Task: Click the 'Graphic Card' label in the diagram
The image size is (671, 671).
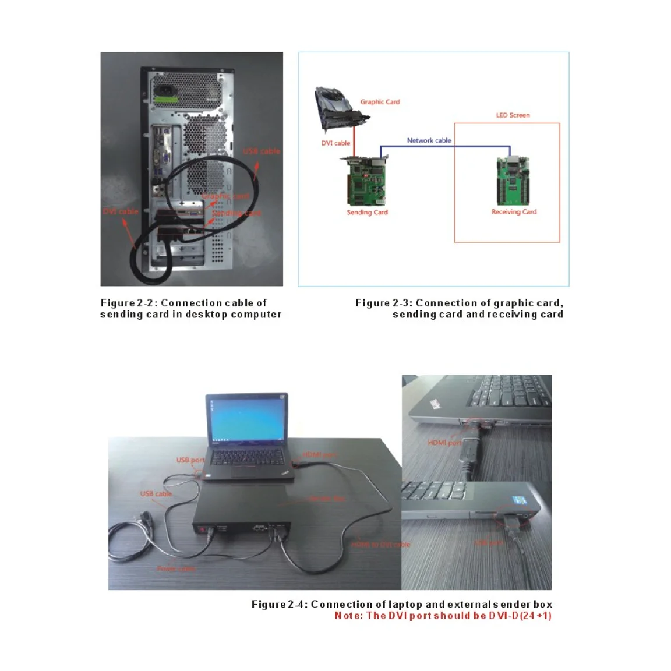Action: [x=380, y=102]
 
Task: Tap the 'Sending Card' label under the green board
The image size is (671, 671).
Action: [x=367, y=213]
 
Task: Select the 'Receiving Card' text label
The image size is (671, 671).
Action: [x=514, y=212]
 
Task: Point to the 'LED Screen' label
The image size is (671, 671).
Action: [x=513, y=115]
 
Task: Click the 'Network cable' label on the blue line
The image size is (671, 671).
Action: [x=429, y=140]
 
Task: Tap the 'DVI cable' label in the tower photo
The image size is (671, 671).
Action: [x=121, y=211]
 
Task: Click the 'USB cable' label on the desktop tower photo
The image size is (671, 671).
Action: [x=262, y=151]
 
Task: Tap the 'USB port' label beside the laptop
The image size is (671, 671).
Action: [x=190, y=460]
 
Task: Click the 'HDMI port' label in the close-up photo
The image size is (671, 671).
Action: [x=444, y=443]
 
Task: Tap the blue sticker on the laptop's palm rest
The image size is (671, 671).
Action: [x=517, y=500]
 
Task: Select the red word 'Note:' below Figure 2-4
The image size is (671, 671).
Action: [x=348, y=616]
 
